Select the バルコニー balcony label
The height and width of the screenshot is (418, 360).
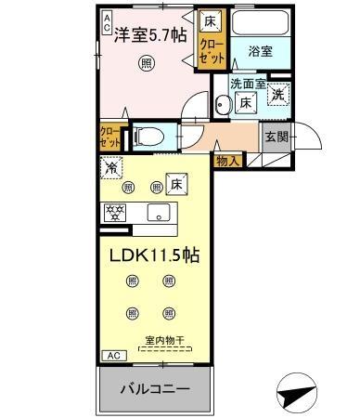156,387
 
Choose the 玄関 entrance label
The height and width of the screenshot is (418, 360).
276,137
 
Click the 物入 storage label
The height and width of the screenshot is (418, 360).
228,161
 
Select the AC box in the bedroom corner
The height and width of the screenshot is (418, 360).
107,18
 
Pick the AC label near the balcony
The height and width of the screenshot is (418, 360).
111,356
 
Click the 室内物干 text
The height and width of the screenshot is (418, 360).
166,340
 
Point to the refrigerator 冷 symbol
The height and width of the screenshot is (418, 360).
111,169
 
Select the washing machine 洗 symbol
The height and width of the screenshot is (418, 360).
277,93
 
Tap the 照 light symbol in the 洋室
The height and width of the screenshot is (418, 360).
147,63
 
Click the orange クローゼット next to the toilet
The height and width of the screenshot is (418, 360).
109,137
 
